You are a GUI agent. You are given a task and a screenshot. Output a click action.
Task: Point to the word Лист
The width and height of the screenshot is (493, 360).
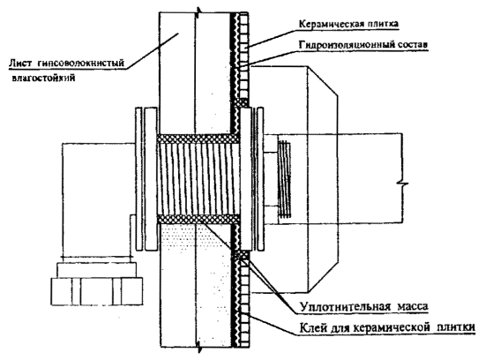pos(19,63)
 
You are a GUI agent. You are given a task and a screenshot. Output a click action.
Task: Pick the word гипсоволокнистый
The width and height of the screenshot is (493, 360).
pos(81,64)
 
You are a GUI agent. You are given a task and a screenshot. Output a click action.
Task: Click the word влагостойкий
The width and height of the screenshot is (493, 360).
pos(44,78)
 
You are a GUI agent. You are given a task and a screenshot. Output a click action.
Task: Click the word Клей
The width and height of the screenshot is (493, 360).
pos(312,327)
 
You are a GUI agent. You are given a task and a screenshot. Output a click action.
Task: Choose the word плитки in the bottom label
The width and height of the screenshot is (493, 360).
pos(456,327)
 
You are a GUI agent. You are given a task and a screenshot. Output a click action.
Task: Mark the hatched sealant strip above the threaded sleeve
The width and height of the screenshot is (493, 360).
pos(198,139)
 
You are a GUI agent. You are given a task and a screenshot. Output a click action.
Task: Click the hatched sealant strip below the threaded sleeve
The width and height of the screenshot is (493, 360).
pos(198,220)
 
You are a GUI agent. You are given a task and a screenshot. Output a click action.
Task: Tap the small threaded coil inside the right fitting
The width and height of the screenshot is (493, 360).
pos(284,178)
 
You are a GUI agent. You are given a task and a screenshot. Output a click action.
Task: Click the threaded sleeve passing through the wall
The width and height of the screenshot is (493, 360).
pos(198,179)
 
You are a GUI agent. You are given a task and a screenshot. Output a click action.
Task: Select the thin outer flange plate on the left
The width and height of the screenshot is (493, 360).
pos(138,179)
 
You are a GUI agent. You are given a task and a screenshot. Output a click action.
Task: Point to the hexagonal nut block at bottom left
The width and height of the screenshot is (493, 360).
pos(97,291)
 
